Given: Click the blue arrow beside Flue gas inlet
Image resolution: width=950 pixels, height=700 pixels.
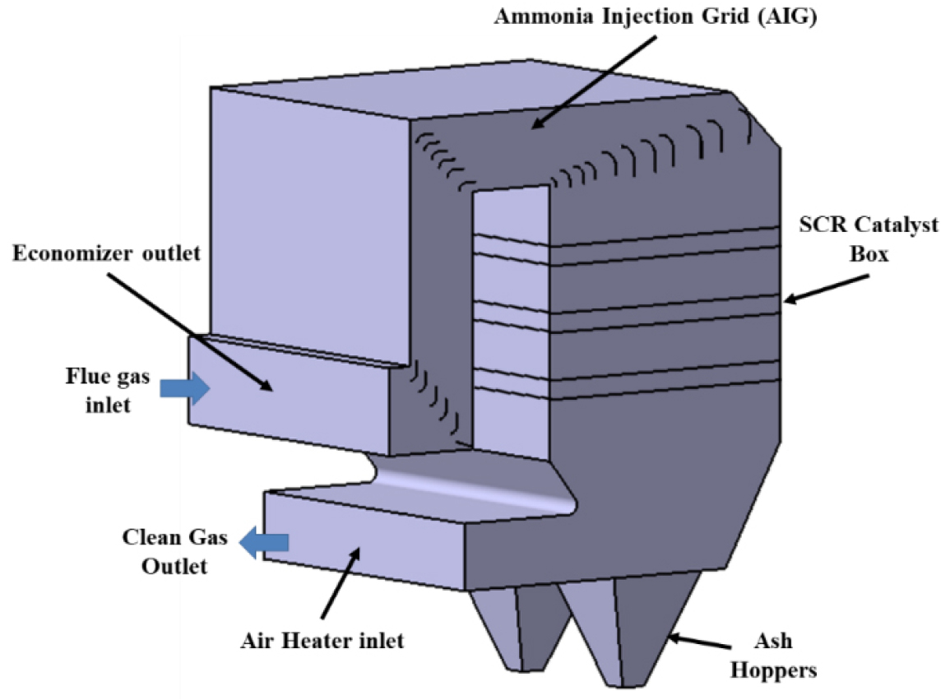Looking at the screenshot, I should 185,389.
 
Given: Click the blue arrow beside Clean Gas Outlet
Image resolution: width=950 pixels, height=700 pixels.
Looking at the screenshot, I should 264,541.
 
